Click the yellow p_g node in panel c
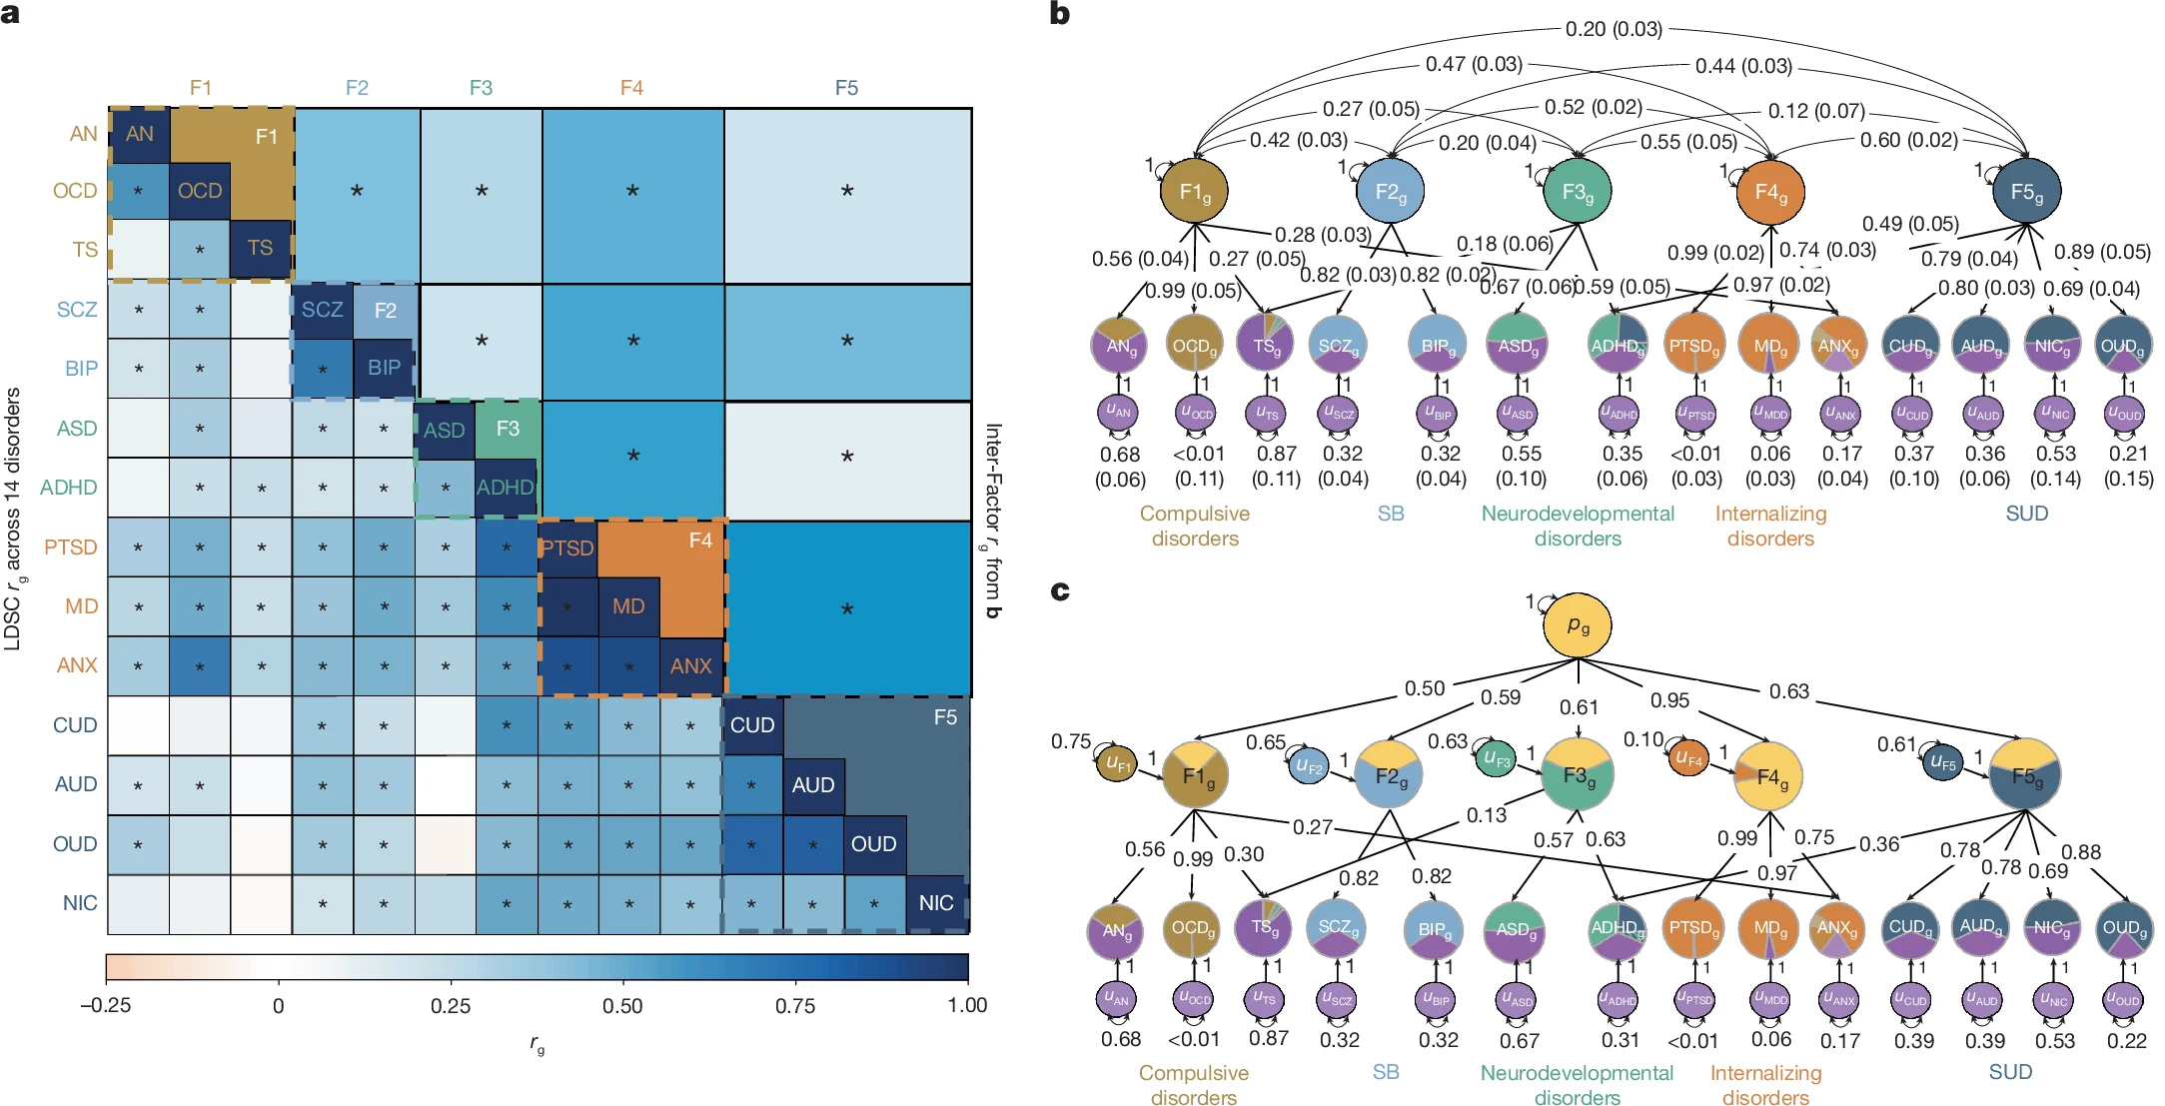point(1578,626)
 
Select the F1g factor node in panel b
point(1195,191)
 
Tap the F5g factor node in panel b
point(2026,191)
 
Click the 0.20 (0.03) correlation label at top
point(1614,29)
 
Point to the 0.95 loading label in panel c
point(1669,700)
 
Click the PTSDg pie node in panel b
point(1694,346)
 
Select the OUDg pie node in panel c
point(2124,929)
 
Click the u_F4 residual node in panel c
point(1688,759)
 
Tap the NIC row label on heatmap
point(80,903)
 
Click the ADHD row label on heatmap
point(68,488)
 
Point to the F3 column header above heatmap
point(481,88)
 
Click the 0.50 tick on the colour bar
point(622,1005)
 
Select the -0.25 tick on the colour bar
point(106,1005)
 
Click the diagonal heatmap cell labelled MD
point(628,606)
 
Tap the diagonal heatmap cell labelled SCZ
point(323,310)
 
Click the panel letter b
point(1060,14)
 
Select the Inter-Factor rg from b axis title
point(992,521)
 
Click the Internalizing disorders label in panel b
point(1770,526)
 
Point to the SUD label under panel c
point(2010,1072)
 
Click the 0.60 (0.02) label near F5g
point(1908,140)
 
